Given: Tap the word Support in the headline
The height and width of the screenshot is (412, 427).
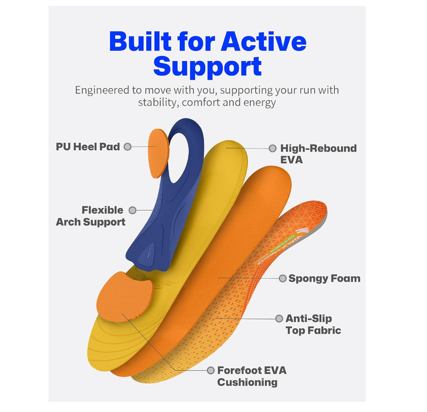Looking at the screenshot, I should coord(207,67).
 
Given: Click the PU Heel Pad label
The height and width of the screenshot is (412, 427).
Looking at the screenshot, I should coord(88,147).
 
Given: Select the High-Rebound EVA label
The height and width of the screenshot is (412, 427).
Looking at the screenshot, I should coord(318,154).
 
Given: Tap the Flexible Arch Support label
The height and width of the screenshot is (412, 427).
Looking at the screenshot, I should coord(91,216).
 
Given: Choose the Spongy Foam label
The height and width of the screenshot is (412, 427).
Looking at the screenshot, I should coord(324,278).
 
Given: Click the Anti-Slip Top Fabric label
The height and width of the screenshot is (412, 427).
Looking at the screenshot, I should coord(313,325).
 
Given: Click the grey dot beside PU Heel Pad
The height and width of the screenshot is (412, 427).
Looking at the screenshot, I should coord(128,147).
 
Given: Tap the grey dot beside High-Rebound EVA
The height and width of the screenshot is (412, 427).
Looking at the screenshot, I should coord(272,148).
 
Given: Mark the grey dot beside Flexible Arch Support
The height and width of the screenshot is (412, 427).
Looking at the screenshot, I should coord(132,210).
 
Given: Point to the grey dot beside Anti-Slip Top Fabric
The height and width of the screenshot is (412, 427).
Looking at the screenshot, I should coord(279,319).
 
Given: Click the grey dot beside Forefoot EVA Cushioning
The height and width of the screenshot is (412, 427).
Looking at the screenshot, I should coord(210,370).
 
